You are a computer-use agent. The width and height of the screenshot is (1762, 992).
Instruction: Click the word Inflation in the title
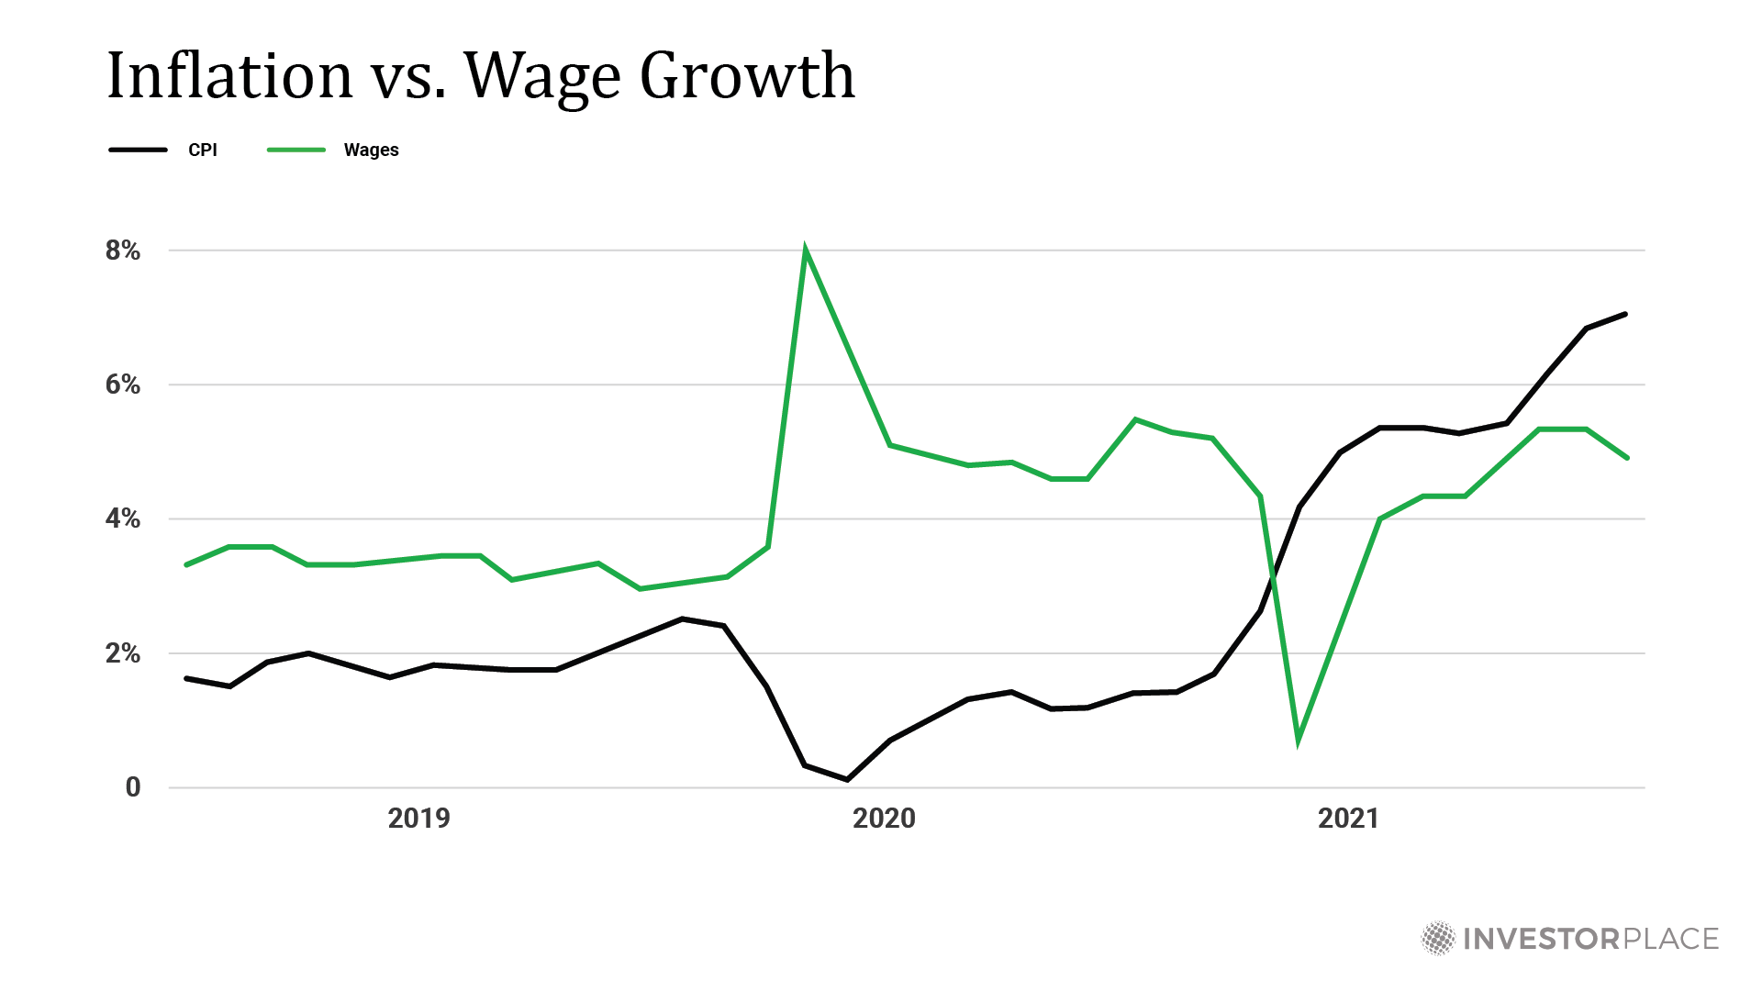pyautogui.click(x=229, y=75)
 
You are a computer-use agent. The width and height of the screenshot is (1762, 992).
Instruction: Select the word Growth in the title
pyautogui.click(x=747, y=75)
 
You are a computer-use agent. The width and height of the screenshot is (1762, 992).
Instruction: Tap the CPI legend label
pyautogui.click(x=203, y=150)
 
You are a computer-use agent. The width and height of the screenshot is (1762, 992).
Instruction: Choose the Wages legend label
pyautogui.click(x=371, y=150)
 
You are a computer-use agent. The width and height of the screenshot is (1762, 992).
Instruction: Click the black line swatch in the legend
pyautogui.click(x=138, y=150)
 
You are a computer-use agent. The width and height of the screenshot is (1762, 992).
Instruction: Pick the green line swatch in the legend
pyautogui.click(x=296, y=150)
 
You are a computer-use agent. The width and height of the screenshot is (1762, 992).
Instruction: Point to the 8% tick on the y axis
pyautogui.click(x=123, y=251)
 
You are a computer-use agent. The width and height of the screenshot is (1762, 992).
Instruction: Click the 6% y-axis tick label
pyautogui.click(x=123, y=385)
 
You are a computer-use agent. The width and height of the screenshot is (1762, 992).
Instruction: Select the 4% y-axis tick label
pyautogui.click(x=123, y=519)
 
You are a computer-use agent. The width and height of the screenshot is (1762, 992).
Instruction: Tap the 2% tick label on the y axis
pyautogui.click(x=123, y=653)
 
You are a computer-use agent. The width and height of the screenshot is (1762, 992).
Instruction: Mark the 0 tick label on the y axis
pyautogui.click(x=133, y=787)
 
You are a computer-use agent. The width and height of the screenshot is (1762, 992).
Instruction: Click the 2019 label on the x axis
pyautogui.click(x=418, y=819)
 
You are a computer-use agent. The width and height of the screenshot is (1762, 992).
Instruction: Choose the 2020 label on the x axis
pyautogui.click(x=884, y=819)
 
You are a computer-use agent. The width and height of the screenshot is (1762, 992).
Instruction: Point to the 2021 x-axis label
pyautogui.click(x=1348, y=819)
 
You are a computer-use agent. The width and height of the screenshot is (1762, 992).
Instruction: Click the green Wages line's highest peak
pyautogui.click(x=805, y=251)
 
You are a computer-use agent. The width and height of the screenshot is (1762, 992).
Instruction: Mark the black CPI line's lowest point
pyautogui.click(x=846, y=779)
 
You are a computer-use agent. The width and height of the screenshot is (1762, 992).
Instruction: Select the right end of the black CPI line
pyautogui.click(x=1625, y=315)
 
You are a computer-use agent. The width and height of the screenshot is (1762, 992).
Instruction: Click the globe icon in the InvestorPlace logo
pyautogui.click(x=1438, y=939)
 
